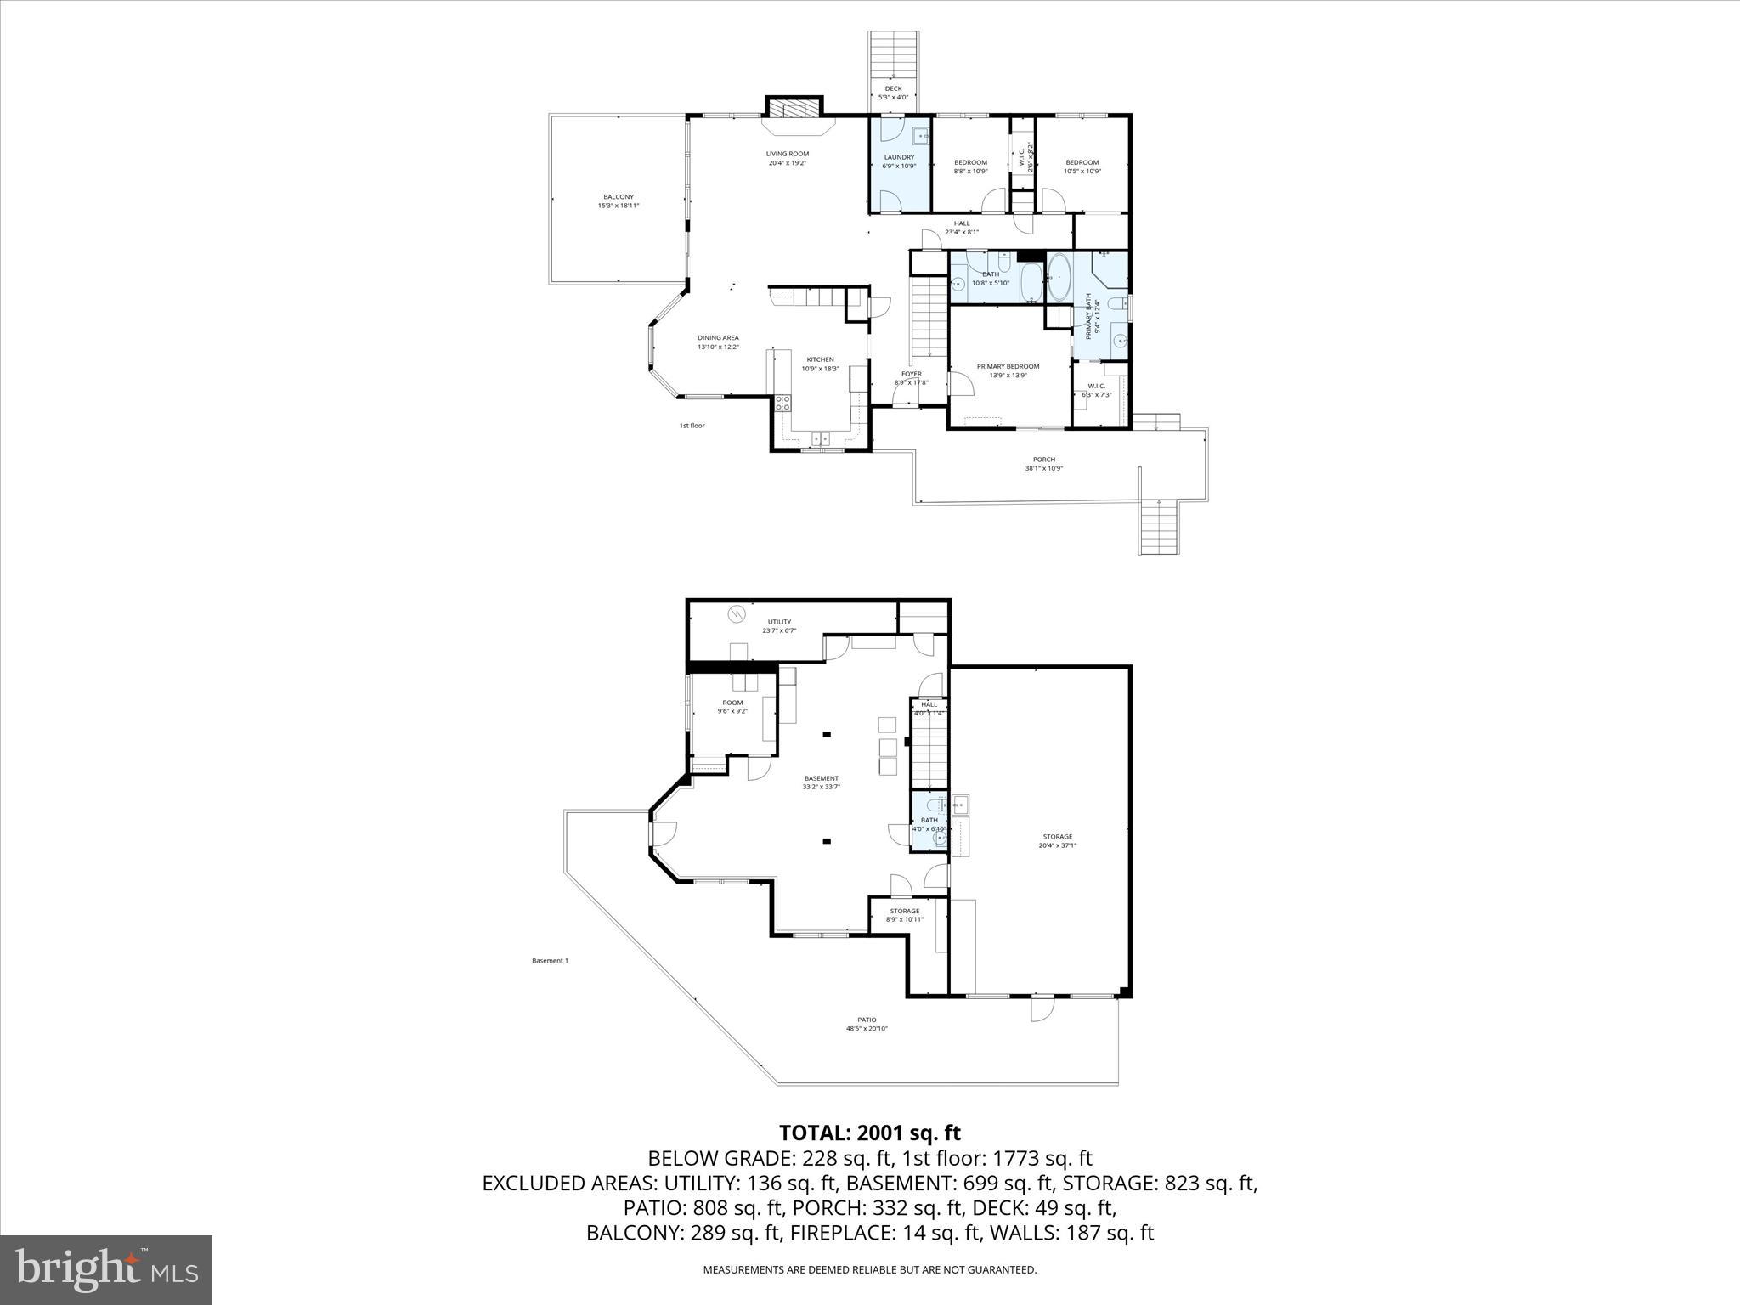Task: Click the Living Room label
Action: pos(787,158)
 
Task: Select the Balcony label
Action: pos(619,201)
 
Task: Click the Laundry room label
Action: pos(899,161)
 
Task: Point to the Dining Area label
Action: pos(718,342)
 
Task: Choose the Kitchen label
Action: pos(820,364)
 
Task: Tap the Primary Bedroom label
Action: pos(1008,370)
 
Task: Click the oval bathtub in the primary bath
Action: pos(1059,277)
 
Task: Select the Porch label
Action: pos(1043,464)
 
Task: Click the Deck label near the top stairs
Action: pos(893,92)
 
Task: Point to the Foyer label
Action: pos(911,378)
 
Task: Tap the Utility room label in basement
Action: pos(779,626)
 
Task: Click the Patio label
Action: pos(867,1024)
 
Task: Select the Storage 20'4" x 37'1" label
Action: pos(1057,840)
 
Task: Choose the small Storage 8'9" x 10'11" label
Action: pos(904,914)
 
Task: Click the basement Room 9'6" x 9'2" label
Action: pos(732,707)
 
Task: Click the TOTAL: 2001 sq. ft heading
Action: pos(869,1133)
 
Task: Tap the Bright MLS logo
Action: pos(106,1270)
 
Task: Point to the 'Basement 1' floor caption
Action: pos(550,961)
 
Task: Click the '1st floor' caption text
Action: pos(692,426)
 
